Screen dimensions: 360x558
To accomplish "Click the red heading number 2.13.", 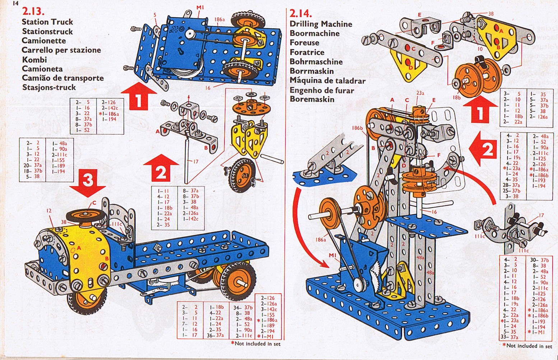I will coord(33,11).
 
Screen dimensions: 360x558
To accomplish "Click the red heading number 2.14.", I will coord(301,14).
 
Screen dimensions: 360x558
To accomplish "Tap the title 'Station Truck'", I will coord(47,22).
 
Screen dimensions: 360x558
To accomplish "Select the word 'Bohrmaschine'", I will coord(316,61).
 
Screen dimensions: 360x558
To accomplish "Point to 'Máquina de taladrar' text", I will coord(327,80).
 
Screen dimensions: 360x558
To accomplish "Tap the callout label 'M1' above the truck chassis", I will coord(200,7).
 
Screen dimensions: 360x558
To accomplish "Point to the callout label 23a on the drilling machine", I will coord(420,93).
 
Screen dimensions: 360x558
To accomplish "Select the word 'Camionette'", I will coord(44,41).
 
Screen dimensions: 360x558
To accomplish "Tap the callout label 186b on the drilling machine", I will coord(357,128).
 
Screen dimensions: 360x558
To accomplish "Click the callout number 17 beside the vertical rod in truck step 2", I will coord(195,162).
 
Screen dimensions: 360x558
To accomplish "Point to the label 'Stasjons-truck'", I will coord(49,87).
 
